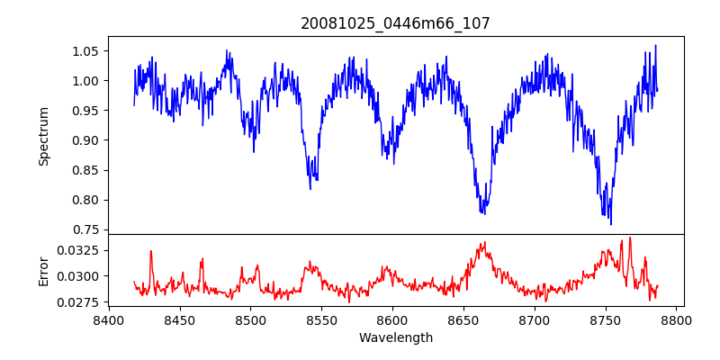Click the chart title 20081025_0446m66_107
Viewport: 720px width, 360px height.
[395, 23]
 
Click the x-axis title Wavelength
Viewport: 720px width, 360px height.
[395, 337]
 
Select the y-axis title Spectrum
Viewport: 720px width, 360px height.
[43, 135]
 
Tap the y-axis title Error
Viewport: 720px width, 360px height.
[43, 271]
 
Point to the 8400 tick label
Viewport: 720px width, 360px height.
[109, 319]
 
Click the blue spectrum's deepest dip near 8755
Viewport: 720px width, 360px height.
[611, 224]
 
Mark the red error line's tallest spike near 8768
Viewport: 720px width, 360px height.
[630, 238]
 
